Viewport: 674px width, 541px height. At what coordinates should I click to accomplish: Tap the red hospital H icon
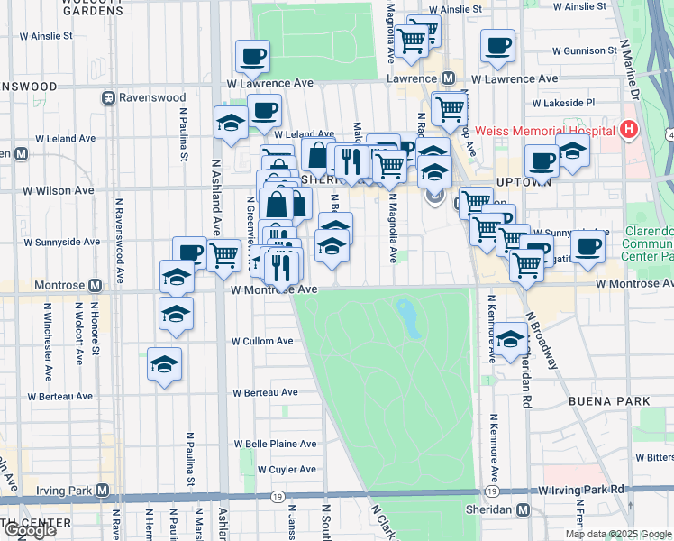(629, 130)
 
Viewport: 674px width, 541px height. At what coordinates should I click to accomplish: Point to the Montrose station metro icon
(95, 285)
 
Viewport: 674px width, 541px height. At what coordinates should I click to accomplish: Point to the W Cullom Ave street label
(262, 342)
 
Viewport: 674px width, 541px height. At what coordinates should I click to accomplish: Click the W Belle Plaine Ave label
(276, 445)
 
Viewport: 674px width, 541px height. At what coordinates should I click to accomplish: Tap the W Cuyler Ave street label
(287, 470)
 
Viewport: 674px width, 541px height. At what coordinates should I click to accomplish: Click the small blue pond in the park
(408, 318)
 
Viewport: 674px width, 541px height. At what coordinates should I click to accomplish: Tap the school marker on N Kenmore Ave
(511, 339)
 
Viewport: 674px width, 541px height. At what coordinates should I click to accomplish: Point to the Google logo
(30, 530)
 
